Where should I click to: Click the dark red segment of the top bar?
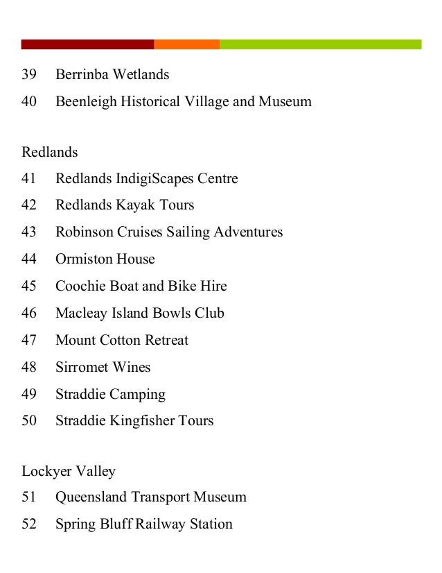tap(87, 44)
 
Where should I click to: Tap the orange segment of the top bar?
tap(186, 44)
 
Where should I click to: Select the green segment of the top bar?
tap(320, 44)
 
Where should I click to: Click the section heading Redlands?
tap(50, 152)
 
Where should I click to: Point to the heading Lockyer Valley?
tap(69, 472)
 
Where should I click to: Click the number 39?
tap(28, 74)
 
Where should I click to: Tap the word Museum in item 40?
tap(285, 102)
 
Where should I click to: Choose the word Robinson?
tap(85, 232)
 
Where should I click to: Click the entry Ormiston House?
tap(105, 259)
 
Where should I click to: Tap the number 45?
tap(28, 286)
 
